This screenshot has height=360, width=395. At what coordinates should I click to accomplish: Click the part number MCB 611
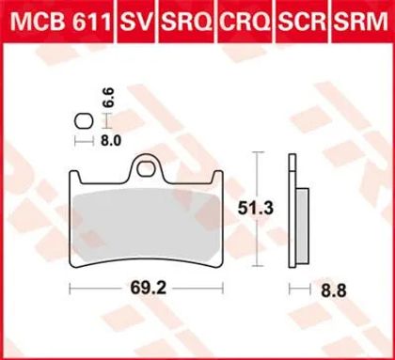(61, 22)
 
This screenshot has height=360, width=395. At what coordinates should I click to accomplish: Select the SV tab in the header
(136, 22)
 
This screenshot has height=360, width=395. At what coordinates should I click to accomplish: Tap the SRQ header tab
(187, 22)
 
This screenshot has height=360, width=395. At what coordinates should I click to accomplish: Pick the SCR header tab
(303, 22)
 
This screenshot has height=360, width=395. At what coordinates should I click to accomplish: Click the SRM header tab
(360, 22)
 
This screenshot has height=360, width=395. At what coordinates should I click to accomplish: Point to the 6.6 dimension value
(108, 98)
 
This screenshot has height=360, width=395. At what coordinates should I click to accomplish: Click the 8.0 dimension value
(111, 141)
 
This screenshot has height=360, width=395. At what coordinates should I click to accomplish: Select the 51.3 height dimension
(256, 209)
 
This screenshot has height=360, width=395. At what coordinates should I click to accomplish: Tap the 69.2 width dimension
(149, 289)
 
